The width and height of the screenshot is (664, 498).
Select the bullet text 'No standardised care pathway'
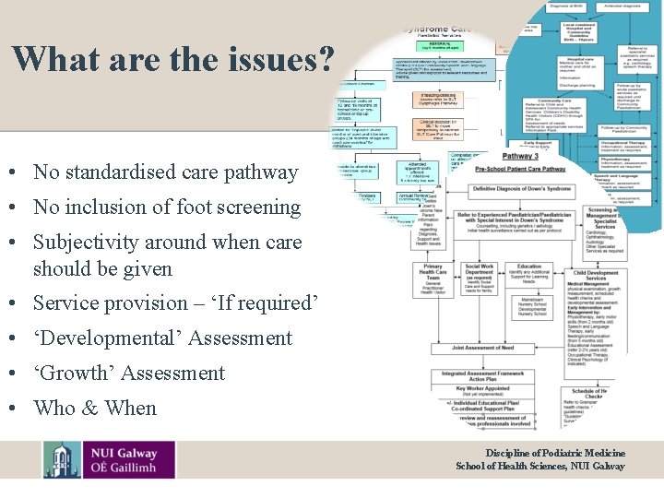click(166, 172)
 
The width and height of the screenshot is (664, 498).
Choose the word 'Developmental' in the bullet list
click(113, 338)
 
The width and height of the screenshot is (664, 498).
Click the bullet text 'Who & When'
click(95, 408)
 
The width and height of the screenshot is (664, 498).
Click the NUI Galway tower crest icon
click(62, 460)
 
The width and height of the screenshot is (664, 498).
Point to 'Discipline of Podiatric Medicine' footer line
click(555, 453)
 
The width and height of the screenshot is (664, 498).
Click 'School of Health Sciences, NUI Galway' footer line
click(540, 466)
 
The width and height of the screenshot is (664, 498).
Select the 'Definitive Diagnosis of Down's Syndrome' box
click(522, 189)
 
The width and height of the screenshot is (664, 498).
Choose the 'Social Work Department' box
click(479, 277)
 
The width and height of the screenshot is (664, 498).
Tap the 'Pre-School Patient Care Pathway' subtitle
click(521, 170)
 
